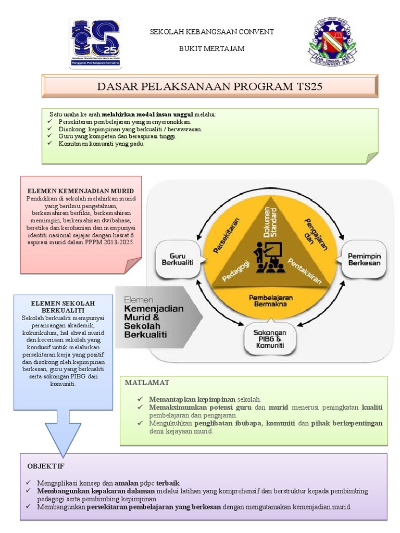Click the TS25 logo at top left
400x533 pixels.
tap(96, 44)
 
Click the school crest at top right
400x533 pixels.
tap(333, 43)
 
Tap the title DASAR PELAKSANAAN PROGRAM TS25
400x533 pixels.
tap(210, 86)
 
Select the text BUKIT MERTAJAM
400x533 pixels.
tap(212, 48)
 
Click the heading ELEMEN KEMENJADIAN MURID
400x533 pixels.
tap(81, 191)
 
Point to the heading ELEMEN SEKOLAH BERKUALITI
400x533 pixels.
tap(63, 307)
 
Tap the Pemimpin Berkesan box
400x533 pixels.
tap(365, 259)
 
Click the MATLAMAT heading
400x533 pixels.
tap(147, 383)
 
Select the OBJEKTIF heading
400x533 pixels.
tap(46, 466)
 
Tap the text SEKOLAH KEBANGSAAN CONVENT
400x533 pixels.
tap(212, 32)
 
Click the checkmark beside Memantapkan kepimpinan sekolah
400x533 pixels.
tap(140, 399)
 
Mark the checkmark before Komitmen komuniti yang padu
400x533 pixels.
tap(49, 144)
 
